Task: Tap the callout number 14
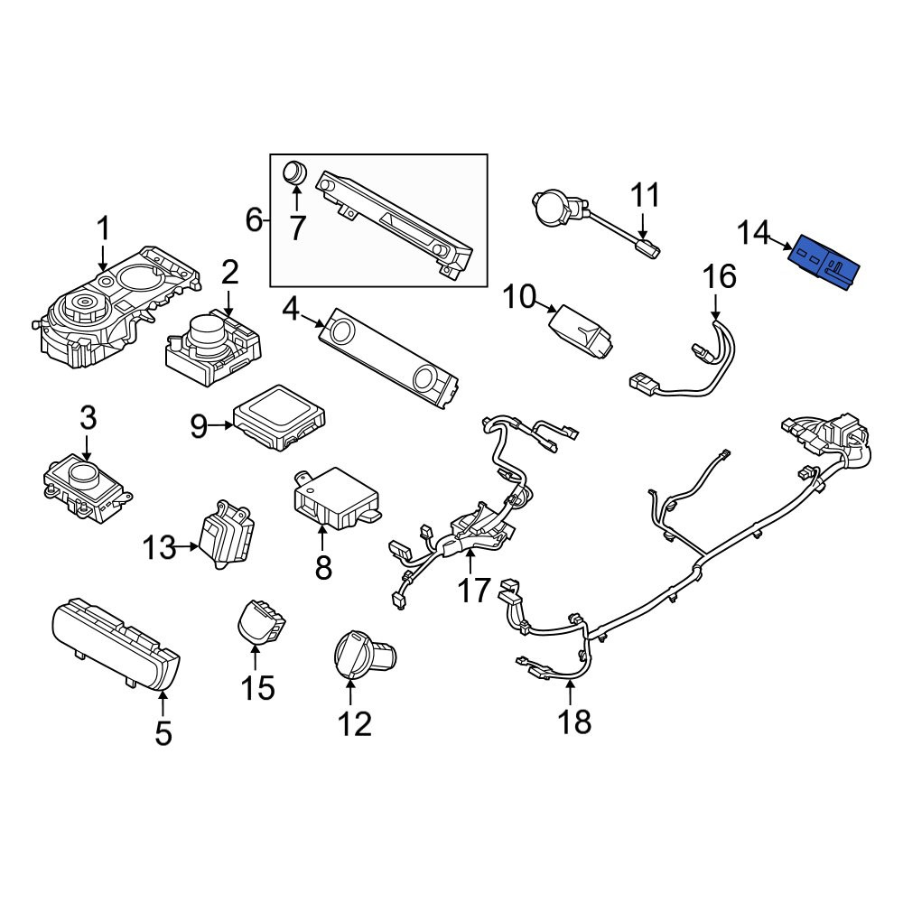(x=754, y=233)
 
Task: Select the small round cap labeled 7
(x=295, y=172)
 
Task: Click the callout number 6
(x=254, y=219)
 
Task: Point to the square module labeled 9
(x=279, y=417)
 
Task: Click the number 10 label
(x=519, y=297)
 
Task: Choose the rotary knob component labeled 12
(x=364, y=656)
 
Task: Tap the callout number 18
(x=574, y=721)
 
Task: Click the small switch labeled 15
(x=261, y=621)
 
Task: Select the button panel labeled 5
(x=116, y=645)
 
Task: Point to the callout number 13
(x=159, y=547)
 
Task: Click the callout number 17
(x=473, y=591)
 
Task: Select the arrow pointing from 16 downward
(x=716, y=307)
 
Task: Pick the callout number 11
(x=645, y=196)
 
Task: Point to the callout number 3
(x=88, y=419)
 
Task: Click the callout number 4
(x=291, y=311)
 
